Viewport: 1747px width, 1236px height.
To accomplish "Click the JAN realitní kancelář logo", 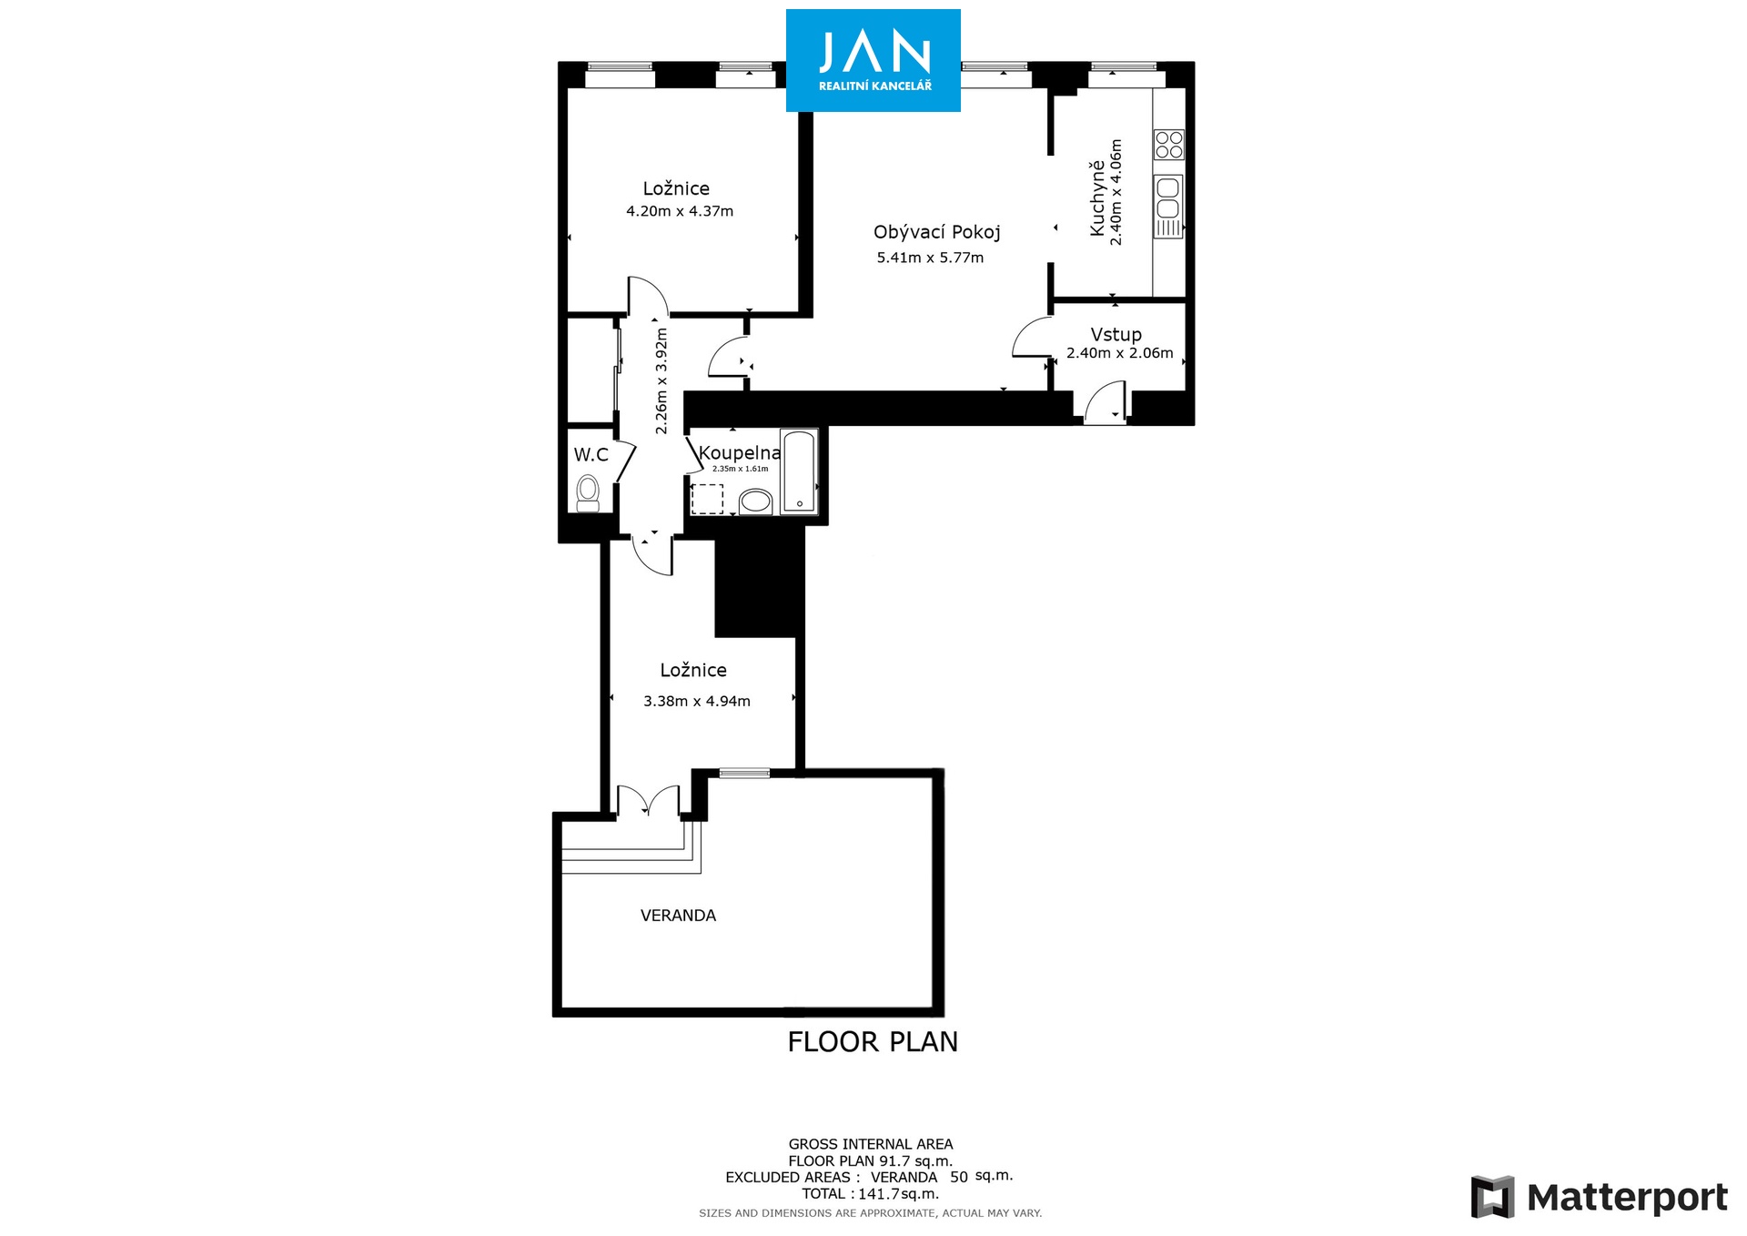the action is point(873,60).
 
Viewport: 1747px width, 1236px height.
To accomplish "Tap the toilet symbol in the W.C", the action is point(588,493).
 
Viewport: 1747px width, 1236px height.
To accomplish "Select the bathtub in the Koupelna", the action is point(800,471).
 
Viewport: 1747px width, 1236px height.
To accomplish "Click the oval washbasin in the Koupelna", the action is point(755,501).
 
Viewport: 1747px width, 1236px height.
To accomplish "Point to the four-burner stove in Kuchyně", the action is point(1169,145).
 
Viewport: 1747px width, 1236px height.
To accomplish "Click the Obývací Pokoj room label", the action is point(937,232).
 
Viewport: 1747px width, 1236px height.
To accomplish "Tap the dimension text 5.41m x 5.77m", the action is point(930,258).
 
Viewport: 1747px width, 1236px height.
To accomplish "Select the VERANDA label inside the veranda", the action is point(678,916).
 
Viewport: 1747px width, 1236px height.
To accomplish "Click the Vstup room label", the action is point(1116,334).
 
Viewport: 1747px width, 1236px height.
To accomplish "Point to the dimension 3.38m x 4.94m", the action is point(697,701).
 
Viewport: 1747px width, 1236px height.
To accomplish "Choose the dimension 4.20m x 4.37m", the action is point(680,211).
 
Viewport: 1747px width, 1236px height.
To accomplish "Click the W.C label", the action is point(591,454).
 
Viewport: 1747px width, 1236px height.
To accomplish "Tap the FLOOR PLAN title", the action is point(873,1041).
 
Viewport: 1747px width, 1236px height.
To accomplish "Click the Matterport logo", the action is point(1599,1197).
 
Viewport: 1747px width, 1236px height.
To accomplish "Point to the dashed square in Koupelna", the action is point(707,500).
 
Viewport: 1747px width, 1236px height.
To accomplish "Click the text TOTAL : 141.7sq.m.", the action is point(870,1193).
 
